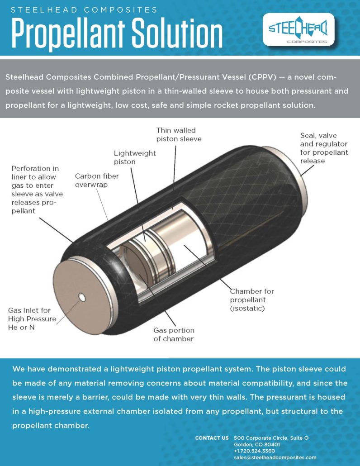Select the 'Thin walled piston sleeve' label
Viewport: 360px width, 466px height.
pos(179,134)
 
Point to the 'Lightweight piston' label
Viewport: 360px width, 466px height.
pos(134,157)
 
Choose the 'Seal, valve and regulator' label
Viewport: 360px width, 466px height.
pos(324,148)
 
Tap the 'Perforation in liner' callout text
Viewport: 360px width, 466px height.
pos(34,190)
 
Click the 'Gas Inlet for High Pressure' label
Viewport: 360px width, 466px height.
pos(32,319)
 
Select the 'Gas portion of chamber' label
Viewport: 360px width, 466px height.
pos(174,334)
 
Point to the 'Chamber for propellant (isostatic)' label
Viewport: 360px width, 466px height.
pos(252,300)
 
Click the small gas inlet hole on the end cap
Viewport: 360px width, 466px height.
pos(82,297)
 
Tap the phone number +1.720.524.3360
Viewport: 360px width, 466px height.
pos(255,451)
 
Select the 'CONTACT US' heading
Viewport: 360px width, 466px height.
pos(212,438)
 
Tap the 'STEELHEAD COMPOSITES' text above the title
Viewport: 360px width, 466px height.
pos(84,10)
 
